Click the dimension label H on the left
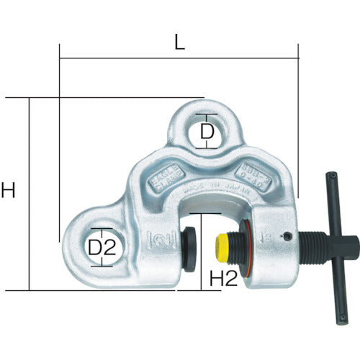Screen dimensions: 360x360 click(x=9, y=191)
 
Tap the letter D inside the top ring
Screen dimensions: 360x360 click(x=207, y=132)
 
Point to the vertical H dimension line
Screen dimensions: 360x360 click(x=30, y=194)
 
